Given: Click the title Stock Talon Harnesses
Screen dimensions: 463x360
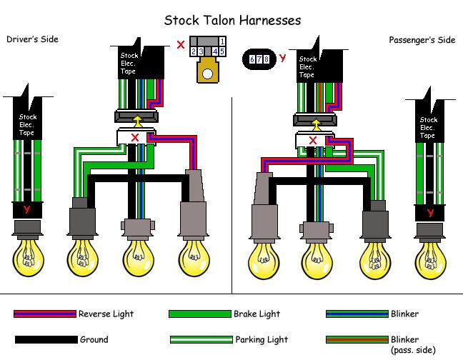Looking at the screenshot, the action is click(x=232, y=21).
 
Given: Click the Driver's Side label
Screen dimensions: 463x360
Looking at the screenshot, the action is click(x=32, y=39).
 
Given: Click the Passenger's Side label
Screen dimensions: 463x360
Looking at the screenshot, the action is click(x=422, y=40).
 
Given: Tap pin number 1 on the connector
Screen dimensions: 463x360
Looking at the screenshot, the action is click(x=222, y=41).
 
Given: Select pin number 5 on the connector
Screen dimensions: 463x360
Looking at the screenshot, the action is click(x=222, y=51).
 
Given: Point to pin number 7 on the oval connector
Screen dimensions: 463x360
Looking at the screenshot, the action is click(x=259, y=59).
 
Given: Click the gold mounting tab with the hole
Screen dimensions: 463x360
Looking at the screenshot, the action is click(x=208, y=71).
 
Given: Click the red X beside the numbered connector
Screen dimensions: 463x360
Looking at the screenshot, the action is click(x=181, y=44).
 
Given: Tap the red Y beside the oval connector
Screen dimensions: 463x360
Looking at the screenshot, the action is click(x=282, y=58).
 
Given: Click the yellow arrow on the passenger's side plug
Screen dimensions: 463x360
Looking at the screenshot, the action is click(x=317, y=124).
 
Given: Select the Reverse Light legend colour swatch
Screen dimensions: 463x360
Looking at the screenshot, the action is click(x=45, y=314).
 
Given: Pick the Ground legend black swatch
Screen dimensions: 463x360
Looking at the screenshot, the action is click(x=46, y=339).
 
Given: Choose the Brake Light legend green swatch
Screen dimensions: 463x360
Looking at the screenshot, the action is click(x=200, y=314).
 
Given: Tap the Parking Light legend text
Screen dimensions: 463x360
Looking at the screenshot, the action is click(x=262, y=339).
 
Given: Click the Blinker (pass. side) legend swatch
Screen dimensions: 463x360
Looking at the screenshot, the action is click(x=357, y=339).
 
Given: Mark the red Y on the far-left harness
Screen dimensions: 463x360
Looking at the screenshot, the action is click(x=27, y=209).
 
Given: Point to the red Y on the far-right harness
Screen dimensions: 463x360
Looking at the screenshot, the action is click(x=430, y=212).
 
